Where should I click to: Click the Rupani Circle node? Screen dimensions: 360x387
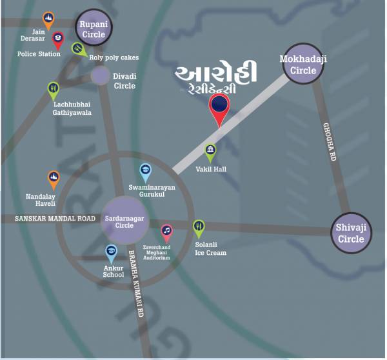(93, 30)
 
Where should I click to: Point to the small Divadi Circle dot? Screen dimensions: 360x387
(100, 76)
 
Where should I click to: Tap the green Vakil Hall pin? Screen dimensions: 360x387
(210, 152)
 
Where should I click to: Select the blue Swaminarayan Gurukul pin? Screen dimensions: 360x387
(146, 172)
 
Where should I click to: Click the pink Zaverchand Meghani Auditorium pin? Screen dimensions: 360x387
(166, 231)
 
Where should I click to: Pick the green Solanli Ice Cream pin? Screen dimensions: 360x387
(199, 227)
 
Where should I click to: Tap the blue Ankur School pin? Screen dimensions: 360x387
(112, 252)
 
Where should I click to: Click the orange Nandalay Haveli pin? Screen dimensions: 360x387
(54, 178)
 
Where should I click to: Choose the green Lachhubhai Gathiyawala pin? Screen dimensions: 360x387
(54, 89)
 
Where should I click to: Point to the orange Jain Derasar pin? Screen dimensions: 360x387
(48, 19)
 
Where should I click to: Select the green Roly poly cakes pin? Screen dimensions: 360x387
(77, 48)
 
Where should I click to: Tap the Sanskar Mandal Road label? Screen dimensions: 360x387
(55, 219)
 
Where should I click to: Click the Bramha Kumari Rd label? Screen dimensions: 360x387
(137, 283)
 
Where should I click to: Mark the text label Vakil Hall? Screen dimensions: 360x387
(210, 169)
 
